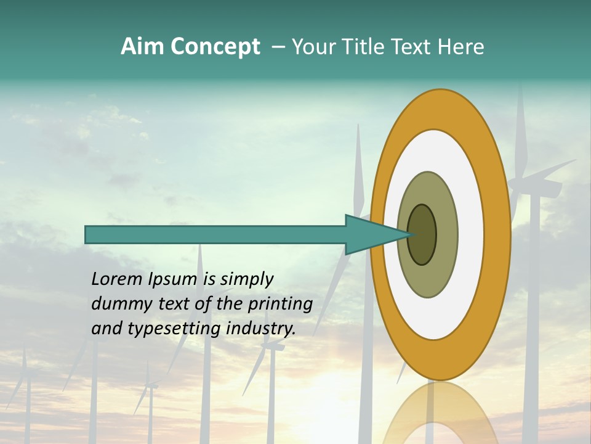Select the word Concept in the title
point(214,47)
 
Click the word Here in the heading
point(462,47)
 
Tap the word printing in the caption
point(280,305)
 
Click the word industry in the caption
point(261,329)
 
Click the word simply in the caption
point(246,280)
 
